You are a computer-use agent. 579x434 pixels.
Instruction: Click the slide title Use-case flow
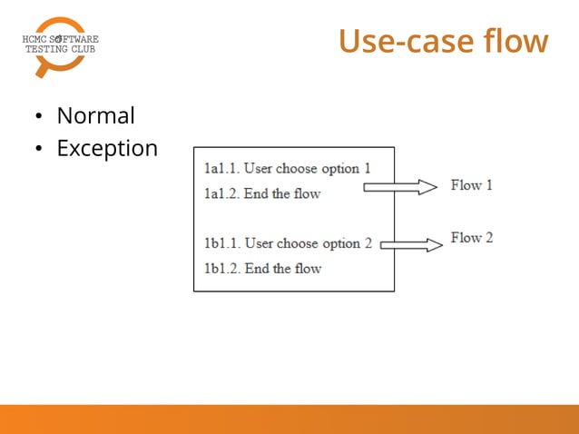click(x=443, y=42)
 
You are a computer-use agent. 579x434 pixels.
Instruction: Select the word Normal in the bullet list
click(x=95, y=116)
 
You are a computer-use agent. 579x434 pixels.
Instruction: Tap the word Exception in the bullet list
click(x=107, y=148)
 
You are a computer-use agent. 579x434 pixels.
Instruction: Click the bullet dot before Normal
click(x=39, y=117)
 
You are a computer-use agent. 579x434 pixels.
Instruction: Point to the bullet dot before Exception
click(x=39, y=149)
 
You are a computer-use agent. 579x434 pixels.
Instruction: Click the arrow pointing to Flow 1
click(x=399, y=187)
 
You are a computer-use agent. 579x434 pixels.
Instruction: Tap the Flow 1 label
click(x=471, y=185)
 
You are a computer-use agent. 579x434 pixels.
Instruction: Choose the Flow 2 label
click(x=471, y=238)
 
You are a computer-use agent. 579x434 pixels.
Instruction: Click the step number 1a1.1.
click(x=221, y=169)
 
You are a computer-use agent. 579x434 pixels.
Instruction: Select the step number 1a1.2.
click(x=221, y=193)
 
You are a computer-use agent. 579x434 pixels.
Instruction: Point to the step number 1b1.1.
click(x=221, y=243)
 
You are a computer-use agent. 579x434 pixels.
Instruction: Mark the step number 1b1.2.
click(x=221, y=268)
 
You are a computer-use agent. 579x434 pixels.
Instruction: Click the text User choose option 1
click(x=308, y=169)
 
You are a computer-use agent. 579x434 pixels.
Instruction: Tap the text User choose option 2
click(x=309, y=243)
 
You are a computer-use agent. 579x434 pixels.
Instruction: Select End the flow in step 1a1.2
click(x=282, y=193)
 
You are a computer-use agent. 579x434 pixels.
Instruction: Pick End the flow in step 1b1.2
click(x=283, y=268)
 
